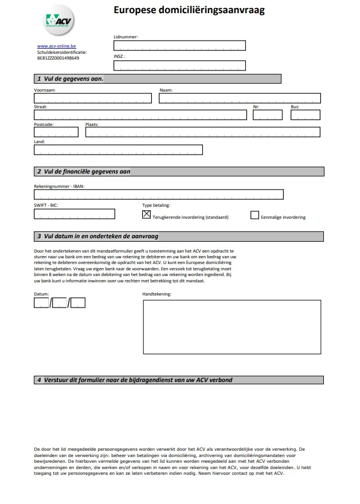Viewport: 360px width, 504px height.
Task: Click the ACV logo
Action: (59, 22)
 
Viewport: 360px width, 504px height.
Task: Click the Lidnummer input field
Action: (179, 46)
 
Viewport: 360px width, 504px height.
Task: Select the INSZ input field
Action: (179, 65)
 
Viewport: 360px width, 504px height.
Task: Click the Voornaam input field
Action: (93, 98)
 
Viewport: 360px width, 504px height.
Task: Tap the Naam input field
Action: (239, 98)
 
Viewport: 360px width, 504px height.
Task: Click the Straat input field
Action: (140, 115)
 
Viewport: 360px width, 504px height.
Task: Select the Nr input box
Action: (268, 115)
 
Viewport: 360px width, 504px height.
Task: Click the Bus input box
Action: (305, 115)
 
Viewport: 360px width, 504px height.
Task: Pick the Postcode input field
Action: (56, 132)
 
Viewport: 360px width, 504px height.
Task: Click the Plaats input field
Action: (202, 132)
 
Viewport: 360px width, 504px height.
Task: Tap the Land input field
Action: (118, 149)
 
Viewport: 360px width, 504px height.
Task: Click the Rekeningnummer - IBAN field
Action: (159, 194)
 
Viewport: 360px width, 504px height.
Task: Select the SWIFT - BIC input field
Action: (75, 214)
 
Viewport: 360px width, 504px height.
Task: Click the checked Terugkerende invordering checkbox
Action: (146, 215)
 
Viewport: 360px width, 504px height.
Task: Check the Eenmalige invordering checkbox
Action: (255, 215)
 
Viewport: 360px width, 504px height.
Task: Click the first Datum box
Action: (41, 302)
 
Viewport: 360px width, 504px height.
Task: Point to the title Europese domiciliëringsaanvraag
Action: (189, 10)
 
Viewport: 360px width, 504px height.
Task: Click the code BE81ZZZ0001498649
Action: (58, 58)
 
